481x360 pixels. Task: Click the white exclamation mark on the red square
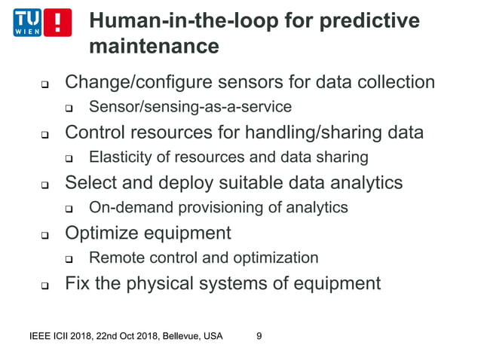pos(59,23)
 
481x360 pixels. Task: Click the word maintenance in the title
pos(154,47)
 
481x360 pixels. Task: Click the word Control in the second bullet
pos(93,133)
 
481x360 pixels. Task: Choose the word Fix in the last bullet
pos(78,283)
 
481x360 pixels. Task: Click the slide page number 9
pos(259,336)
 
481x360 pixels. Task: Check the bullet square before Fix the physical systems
pos(44,286)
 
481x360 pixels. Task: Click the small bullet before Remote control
pos(69,260)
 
